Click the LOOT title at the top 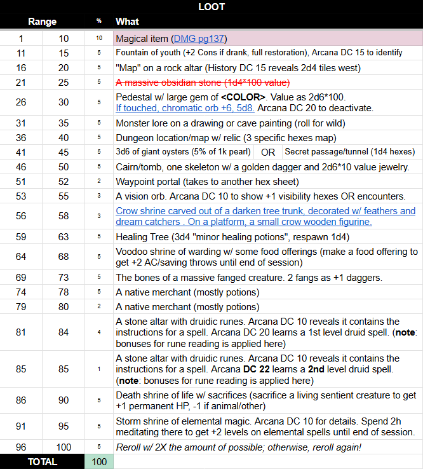[x=211, y=7]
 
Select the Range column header [x=43, y=22]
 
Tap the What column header [x=127, y=22]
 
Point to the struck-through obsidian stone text [x=203, y=83]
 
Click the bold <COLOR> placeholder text [x=243, y=97]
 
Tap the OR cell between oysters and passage [x=268, y=152]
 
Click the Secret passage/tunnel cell [x=349, y=152]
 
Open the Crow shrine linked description [x=265, y=216]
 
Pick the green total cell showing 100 [x=99, y=462]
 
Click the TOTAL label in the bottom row [x=43, y=462]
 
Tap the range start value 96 [x=21, y=447]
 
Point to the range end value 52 [x=64, y=181]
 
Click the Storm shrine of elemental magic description [x=265, y=426]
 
